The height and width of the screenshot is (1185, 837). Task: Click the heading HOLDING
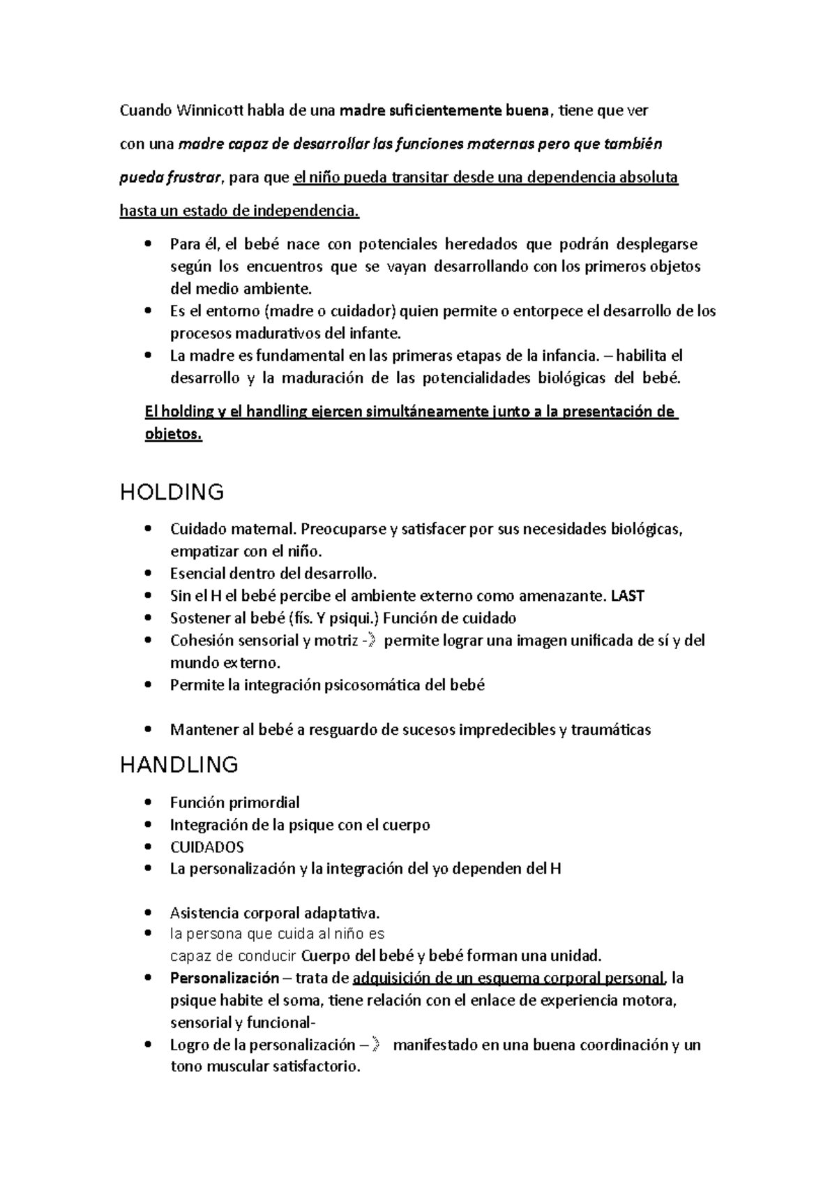pyautogui.click(x=172, y=492)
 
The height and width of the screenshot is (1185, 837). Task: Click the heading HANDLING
pyautogui.click(x=179, y=765)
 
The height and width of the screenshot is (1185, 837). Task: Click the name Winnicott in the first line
pyautogui.click(x=211, y=110)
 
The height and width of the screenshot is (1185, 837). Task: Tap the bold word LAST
pyautogui.click(x=627, y=596)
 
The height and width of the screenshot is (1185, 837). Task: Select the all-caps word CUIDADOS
pyautogui.click(x=206, y=847)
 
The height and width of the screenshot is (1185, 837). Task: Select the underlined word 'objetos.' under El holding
pyautogui.click(x=173, y=434)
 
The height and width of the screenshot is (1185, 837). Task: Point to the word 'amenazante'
pyautogui.click(x=568, y=596)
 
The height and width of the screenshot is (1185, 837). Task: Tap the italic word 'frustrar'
pyautogui.click(x=195, y=177)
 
